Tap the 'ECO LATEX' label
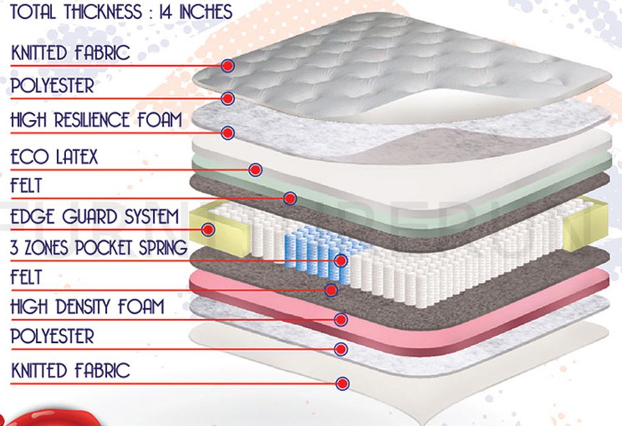coord(54,157)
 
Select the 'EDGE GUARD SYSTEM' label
coord(94,217)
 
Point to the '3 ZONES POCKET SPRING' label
coord(98,248)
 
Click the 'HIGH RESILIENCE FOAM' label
coord(96,120)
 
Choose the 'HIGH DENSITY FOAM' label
coord(87,306)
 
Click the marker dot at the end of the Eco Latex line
coord(256,170)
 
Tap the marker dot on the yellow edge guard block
coord(209,229)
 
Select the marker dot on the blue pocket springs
coord(341,261)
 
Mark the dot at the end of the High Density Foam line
coord(341,319)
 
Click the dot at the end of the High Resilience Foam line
coord(228,132)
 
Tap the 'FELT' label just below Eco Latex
coord(26,185)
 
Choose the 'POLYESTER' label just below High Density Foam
coord(52,336)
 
